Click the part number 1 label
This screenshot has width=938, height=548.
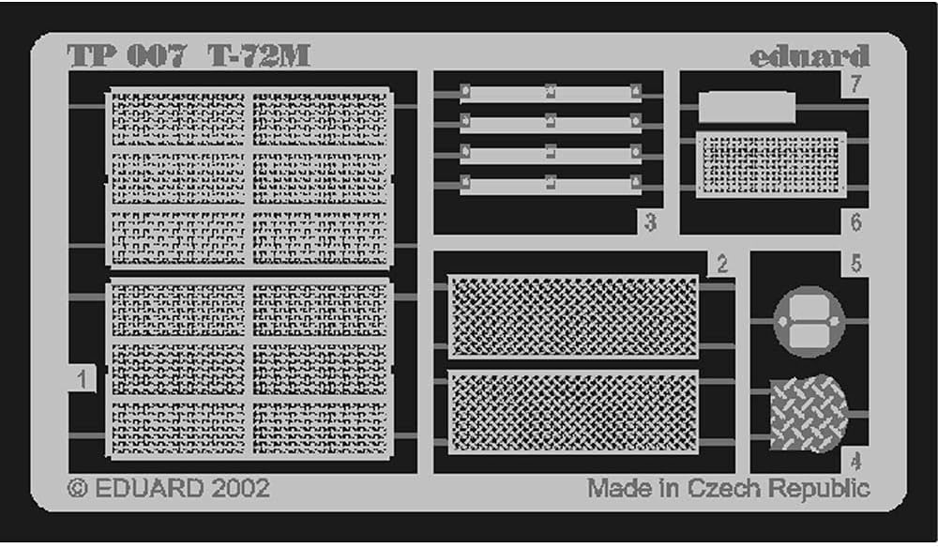[83, 379]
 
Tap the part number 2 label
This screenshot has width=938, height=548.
[721, 265]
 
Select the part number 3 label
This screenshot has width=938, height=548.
[650, 222]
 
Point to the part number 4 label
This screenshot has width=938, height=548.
[855, 461]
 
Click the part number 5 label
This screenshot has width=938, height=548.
[855, 265]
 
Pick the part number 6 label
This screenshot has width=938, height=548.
[855, 222]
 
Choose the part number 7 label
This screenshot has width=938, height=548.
[855, 84]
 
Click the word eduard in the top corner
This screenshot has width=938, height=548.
[809, 56]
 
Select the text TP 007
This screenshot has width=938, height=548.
[127, 56]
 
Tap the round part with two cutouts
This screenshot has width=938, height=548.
[809, 321]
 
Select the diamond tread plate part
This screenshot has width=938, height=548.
[808, 413]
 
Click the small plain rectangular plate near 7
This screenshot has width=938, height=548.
[748, 108]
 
